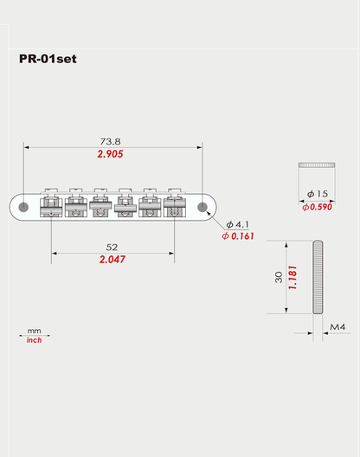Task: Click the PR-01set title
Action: click(x=59, y=60)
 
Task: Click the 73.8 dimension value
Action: click(x=109, y=140)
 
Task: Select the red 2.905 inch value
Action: click(x=109, y=154)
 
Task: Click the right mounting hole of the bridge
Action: click(x=202, y=208)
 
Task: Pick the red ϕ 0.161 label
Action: click(x=237, y=235)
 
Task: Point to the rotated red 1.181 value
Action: click(x=293, y=278)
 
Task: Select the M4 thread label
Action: click(x=338, y=327)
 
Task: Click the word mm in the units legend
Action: click(x=35, y=331)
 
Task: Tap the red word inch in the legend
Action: click(x=35, y=340)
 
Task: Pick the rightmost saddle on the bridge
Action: click(x=176, y=203)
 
